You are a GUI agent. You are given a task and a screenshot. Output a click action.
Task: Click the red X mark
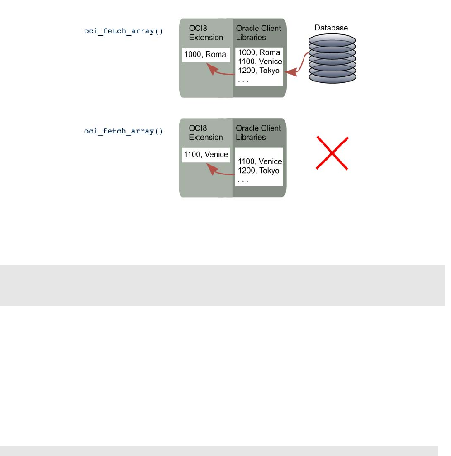[332, 153]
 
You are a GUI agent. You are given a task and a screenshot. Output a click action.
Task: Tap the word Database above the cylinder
[332, 28]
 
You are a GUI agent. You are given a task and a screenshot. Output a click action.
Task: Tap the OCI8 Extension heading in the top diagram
[206, 33]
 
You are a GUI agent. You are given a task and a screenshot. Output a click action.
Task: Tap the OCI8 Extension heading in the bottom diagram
[206, 133]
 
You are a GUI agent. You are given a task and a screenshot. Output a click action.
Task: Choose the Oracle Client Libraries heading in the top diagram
[258, 33]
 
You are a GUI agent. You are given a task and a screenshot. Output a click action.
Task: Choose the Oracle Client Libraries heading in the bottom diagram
[258, 133]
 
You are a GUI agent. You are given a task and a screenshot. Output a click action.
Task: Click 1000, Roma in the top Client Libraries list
[259, 52]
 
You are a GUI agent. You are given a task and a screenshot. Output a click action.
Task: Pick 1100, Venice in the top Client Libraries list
[260, 62]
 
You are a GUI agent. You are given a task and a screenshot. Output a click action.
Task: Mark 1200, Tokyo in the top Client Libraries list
[259, 71]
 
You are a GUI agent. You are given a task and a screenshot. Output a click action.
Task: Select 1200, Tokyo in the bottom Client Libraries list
[259, 171]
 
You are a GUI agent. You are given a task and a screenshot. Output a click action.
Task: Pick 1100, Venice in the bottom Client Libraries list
[260, 161]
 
